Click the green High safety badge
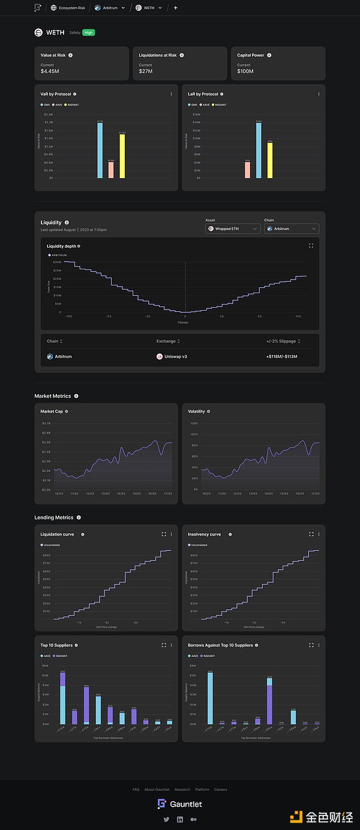[89, 32]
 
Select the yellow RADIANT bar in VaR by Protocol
[122, 155]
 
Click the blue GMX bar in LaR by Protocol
[259, 150]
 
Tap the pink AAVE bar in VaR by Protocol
[110, 170]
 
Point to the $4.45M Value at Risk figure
[50, 71]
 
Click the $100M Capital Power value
[245, 71]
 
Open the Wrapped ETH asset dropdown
[232, 228]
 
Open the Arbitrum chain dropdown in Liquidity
[291, 228]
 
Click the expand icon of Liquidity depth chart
[311, 245]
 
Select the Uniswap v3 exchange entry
[174, 356]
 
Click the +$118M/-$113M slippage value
[282, 356]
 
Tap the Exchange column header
[167, 341]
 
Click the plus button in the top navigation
[175, 8]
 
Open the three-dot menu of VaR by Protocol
[171, 94]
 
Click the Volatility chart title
[196, 411]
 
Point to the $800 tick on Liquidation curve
[46, 555]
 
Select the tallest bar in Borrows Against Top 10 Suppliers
[210, 698]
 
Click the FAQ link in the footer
[136, 789]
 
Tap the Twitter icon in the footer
[166, 819]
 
